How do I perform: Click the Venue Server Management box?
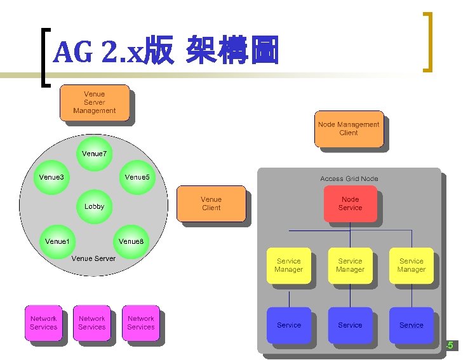pos(94,102)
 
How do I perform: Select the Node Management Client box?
pos(348,129)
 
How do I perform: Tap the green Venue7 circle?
pos(95,154)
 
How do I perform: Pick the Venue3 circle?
pos(51,177)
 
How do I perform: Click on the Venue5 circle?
pos(137,177)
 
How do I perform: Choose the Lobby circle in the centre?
pos(95,206)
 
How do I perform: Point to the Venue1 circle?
pos(57,241)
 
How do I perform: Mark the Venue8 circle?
pos(131,241)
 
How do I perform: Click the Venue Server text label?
pos(94,258)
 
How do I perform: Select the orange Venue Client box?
pos(211,204)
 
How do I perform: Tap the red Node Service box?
pos(350,204)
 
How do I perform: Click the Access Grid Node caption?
pos(349,179)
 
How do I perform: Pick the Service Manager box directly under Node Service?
pos(350,265)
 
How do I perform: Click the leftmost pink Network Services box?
pos(43,323)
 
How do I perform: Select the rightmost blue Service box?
pos(411,325)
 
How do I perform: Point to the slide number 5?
pos(450,345)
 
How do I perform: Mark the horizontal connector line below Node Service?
pos(350,229)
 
